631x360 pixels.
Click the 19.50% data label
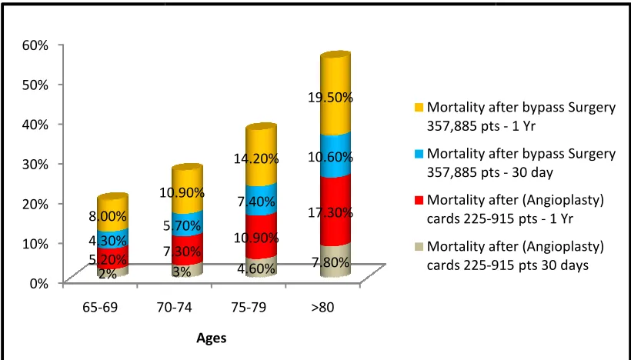point(330,98)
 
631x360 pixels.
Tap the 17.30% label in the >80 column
point(330,212)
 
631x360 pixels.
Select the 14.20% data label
point(256,158)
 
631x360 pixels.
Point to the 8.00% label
point(108,216)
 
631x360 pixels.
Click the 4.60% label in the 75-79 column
point(256,268)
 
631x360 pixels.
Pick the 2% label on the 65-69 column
point(108,274)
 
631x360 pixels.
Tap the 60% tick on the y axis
point(35,45)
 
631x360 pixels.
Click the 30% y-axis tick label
point(35,164)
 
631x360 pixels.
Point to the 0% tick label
point(38,283)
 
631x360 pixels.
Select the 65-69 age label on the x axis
point(100,307)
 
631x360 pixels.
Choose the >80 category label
point(322,307)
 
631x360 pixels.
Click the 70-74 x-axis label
point(174,307)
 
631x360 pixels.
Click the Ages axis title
point(212,338)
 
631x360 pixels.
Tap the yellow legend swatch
point(419,108)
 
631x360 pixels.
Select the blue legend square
point(419,154)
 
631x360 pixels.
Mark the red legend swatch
point(419,200)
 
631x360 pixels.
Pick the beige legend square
point(419,247)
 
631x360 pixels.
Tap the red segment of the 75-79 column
point(261,235)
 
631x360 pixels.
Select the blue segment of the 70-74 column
point(187,223)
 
